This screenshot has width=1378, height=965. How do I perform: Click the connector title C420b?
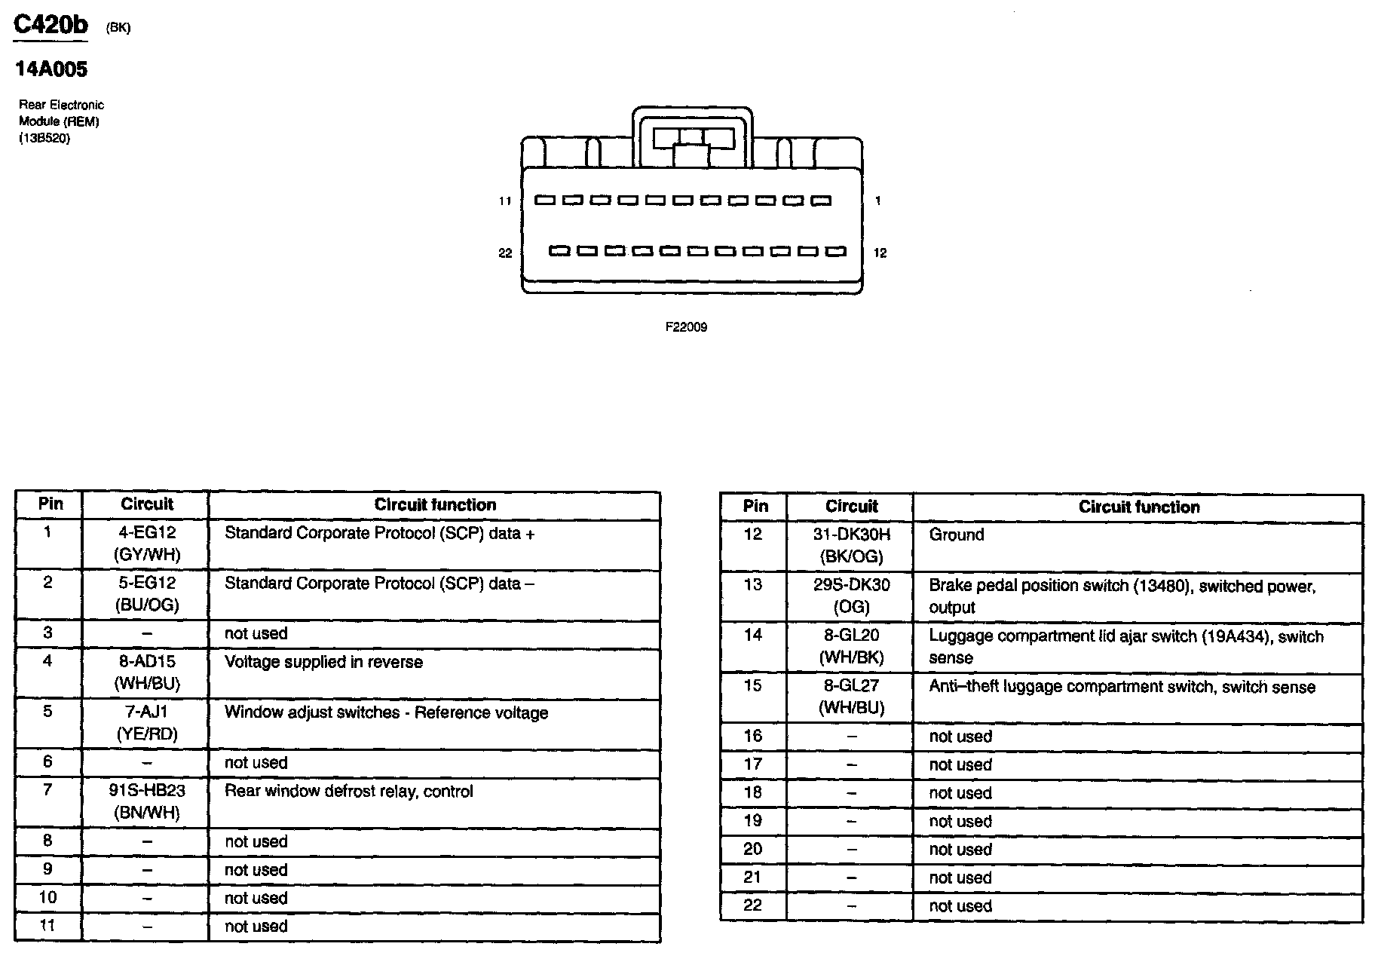tap(51, 25)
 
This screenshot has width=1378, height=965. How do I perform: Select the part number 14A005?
tap(51, 69)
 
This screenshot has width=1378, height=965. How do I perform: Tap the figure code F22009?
tap(686, 327)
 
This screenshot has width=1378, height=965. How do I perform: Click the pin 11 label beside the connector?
tap(504, 201)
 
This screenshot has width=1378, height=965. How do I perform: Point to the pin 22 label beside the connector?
tap(504, 253)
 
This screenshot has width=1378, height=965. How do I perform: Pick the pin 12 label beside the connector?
tap(880, 253)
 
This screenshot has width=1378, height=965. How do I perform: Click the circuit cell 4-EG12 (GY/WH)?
tap(147, 544)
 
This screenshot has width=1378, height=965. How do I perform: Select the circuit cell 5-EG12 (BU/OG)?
tap(147, 594)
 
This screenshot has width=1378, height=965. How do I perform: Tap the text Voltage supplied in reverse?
tap(323, 663)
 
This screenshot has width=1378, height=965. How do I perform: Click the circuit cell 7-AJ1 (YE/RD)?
tap(147, 723)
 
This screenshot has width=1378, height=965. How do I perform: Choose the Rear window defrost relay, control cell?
tap(348, 792)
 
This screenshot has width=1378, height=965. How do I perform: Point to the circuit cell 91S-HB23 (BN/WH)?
tap(147, 801)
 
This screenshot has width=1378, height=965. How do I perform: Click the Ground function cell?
tap(956, 535)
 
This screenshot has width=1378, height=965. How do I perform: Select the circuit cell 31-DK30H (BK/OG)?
tap(851, 546)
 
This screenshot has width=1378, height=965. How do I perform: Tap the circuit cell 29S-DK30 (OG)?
tap(851, 596)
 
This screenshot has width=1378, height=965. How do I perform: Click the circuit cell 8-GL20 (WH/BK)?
tap(851, 646)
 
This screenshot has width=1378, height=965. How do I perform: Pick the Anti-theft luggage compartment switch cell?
tap(1121, 688)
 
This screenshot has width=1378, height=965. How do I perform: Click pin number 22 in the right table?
tap(752, 905)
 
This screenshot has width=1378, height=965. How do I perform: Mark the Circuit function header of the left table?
tap(435, 505)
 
